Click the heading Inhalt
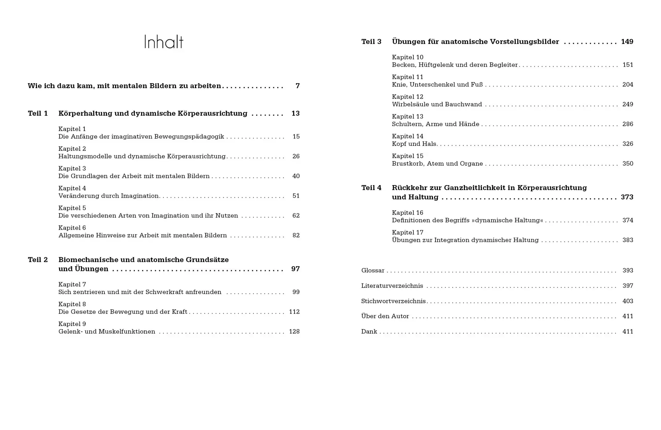pos(164,42)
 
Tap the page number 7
pos(297,86)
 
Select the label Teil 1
pos(38,114)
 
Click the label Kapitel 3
pos(72,169)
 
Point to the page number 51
pos(296,196)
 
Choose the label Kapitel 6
pos(72,228)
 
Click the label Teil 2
pos(38,260)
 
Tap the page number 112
pos(294,312)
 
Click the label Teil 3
pos(371,42)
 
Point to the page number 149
pos(627,42)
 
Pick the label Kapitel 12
pos(408,97)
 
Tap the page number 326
pos(628,144)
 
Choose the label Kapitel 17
pos(408,233)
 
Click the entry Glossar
pos(373,271)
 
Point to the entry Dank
pos(369,332)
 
